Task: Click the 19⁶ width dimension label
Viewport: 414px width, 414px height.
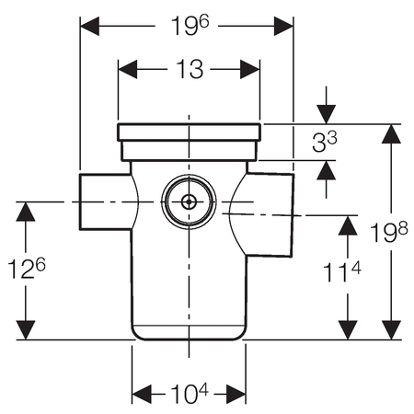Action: click(x=190, y=26)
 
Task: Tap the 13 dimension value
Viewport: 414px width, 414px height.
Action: click(x=190, y=69)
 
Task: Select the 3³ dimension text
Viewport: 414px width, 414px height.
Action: click(x=325, y=142)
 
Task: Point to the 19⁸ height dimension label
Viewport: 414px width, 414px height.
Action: click(x=389, y=232)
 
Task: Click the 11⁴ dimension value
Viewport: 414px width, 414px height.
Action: click(x=342, y=271)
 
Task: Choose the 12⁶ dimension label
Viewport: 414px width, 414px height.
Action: click(x=27, y=268)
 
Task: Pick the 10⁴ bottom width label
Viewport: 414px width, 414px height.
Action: click(x=190, y=394)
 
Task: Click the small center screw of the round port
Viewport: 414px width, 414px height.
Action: click(x=189, y=202)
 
